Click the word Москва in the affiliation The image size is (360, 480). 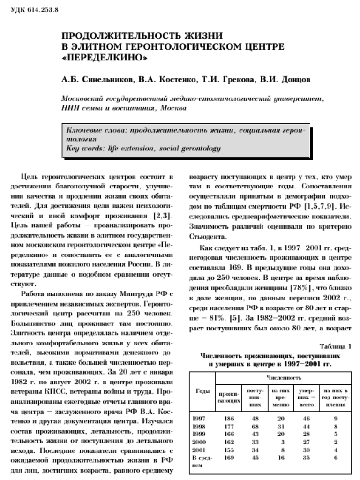[173, 108]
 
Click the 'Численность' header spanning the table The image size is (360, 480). [284, 377]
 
